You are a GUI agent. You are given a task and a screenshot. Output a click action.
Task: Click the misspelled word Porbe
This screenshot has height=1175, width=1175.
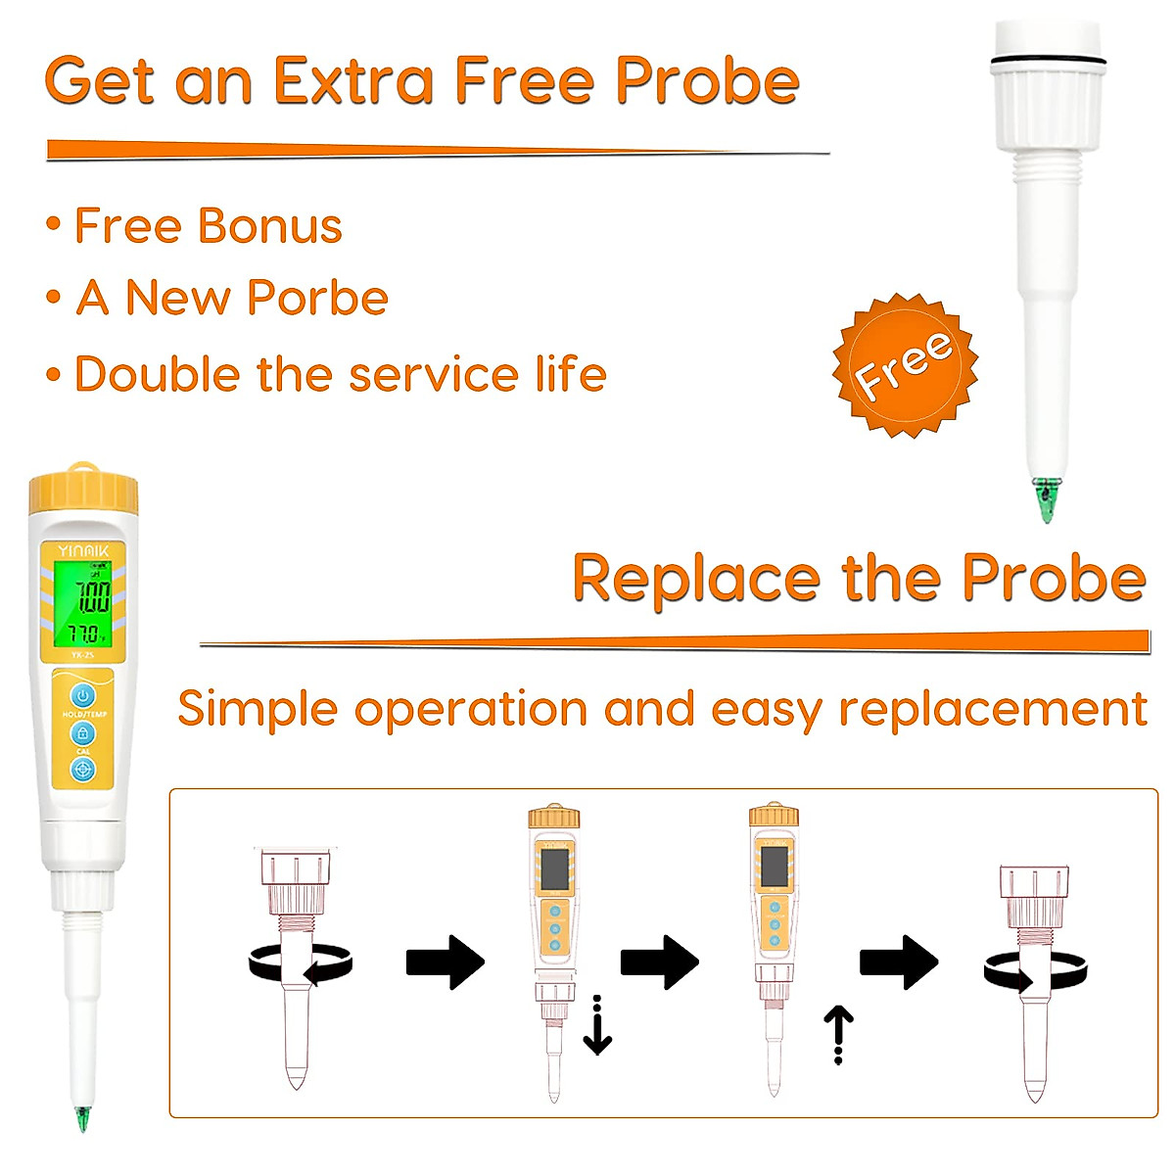tap(316, 298)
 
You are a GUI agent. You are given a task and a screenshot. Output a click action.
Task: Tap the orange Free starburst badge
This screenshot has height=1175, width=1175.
tap(905, 365)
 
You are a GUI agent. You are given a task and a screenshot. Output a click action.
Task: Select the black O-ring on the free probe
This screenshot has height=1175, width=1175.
tap(1047, 63)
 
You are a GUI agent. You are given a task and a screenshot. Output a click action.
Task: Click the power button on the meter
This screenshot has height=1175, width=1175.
tap(83, 696)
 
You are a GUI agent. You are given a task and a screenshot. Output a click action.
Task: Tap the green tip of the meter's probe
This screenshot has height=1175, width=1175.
tap(82, 1118)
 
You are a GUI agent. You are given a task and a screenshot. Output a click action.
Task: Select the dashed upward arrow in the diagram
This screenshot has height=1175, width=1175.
tap(838, 1034)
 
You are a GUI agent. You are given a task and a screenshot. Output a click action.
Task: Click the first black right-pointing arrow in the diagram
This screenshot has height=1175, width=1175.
tap(446, 962)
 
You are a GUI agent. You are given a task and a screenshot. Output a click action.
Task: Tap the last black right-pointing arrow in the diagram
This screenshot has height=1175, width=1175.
tap(899, 962)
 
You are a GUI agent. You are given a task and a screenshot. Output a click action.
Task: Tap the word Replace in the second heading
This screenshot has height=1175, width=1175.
tap(695, 578)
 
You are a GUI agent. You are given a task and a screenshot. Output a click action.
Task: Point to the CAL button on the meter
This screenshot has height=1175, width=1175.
tap(83, 733)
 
